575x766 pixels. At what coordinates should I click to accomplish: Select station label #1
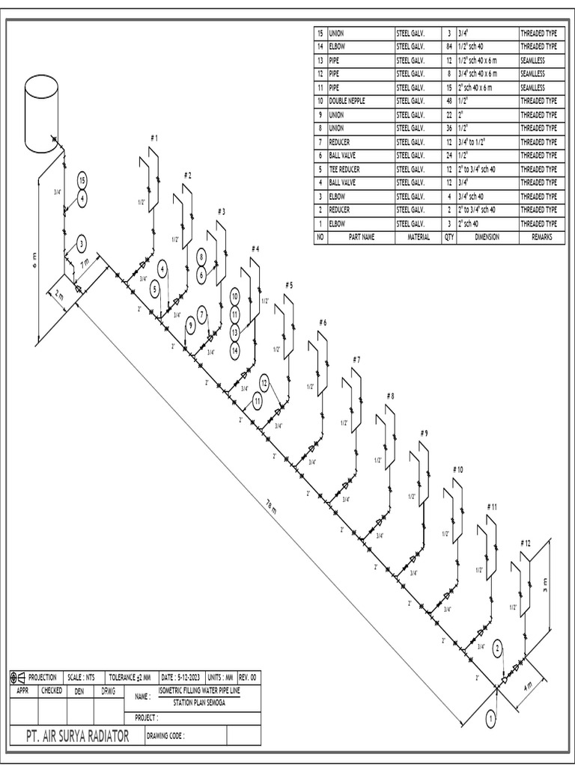point(154,138)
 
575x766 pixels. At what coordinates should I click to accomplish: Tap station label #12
point(525,542)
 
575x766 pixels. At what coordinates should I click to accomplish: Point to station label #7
point(356,360)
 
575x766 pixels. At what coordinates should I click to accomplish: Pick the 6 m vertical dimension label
point(33,259)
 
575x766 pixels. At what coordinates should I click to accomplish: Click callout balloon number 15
point(82,180)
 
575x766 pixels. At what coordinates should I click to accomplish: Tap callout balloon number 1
point(491,719)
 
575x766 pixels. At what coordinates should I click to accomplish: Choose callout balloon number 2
point(498,648)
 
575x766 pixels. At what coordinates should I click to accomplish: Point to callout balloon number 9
point(190,325)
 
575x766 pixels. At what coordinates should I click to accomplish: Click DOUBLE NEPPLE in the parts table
point(346,101)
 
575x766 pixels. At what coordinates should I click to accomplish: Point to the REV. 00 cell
point(248,677)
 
